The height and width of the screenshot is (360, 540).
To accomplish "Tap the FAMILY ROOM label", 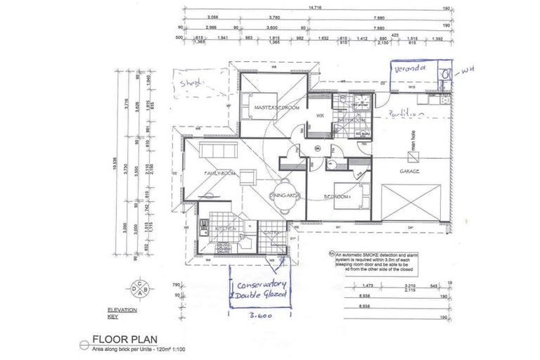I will point(218,173).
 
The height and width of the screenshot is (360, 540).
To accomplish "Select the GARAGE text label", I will point(409,171).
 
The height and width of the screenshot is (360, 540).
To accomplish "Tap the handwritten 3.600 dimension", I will point(259,316).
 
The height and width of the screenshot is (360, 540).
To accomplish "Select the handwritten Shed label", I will point(191,82).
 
